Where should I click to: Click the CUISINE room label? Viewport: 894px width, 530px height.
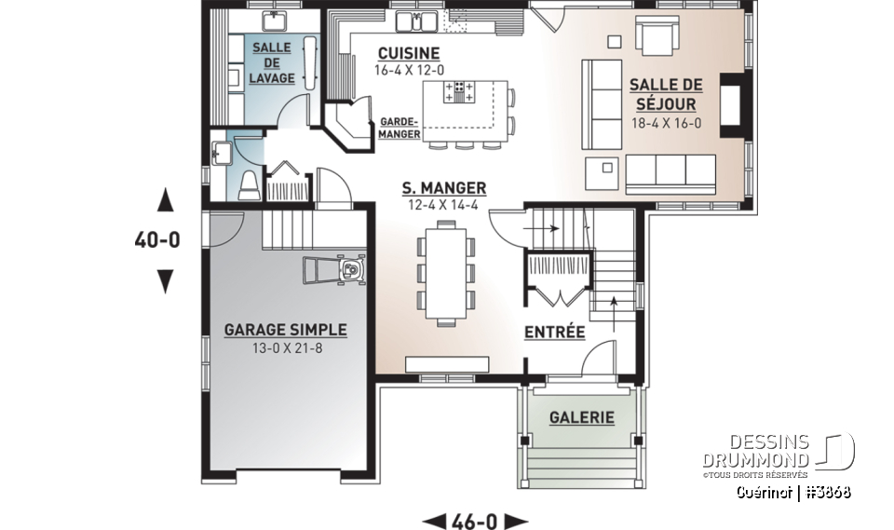coord(408,53)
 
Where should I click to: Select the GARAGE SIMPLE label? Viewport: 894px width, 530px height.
coord(285,330)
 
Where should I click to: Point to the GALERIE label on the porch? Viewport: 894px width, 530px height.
coord(580,417)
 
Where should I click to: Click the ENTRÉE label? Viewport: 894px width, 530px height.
coord(554,332)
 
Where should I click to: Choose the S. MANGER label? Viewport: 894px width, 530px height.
coord(443,188)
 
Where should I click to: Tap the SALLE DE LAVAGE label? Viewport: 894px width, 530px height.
coord(270,63)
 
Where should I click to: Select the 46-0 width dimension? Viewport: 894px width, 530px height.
coord(475,520)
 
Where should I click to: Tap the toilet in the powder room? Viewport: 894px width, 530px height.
coord(249,186)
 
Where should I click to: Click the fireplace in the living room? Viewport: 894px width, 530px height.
coord(734,104)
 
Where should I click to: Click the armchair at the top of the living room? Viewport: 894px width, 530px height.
coord(658,38)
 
